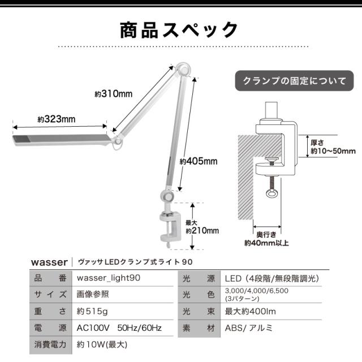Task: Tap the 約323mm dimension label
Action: pyautogui.click(x=57, y=119)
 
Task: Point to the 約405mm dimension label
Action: pyautogui.click(x=191, y=161)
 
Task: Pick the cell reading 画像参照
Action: pyautogui.click(x=94, y=294)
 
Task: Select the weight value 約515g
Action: pyautogui.click(x=92, y=311)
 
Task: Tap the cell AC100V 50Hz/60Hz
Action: pyautogui.click(x=119, y=327)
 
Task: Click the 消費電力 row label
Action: pyautogui.click(x=50, y=344)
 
